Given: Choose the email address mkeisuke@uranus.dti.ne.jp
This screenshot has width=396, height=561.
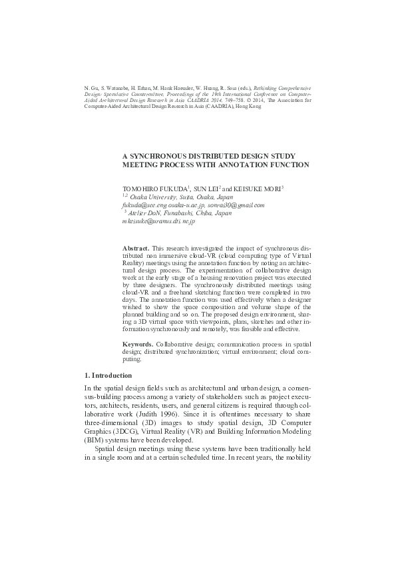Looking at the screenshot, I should pos(158,221).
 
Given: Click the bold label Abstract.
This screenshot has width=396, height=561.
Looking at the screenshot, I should pos(137,248).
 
